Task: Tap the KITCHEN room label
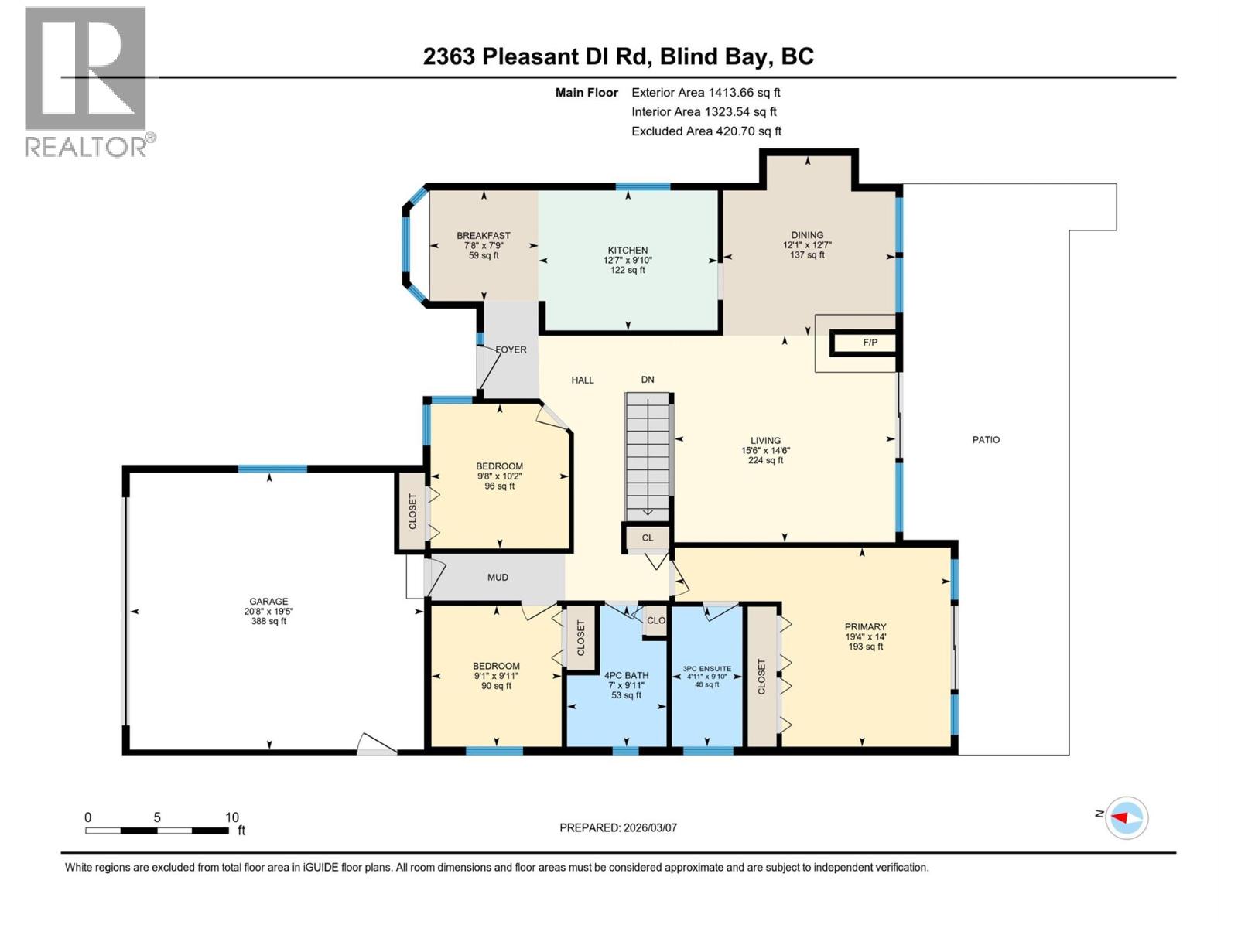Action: click(628, 251)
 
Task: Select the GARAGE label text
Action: click(268, 602)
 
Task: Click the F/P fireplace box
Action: click(870, 343)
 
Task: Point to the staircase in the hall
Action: click(648, 456)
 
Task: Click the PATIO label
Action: click(986, 439)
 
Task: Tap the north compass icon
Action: click(1126, 817)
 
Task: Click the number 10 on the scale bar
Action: click(231, 817)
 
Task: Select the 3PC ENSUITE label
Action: click(706, 669)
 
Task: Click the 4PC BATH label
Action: click(626, 676)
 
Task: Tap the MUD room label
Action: click(498, 578)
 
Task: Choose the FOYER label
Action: click(511, 350)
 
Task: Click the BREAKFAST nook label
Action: click(484, 236)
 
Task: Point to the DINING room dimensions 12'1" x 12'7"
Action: click(807, 245)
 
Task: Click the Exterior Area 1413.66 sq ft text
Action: click(706, 92)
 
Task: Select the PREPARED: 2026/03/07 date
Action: click(618, 827)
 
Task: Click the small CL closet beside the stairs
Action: click(648, 537)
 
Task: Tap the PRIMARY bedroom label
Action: click(865, 627)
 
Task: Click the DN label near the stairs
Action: click(648, 380)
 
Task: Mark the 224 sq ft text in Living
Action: click(765, 460)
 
